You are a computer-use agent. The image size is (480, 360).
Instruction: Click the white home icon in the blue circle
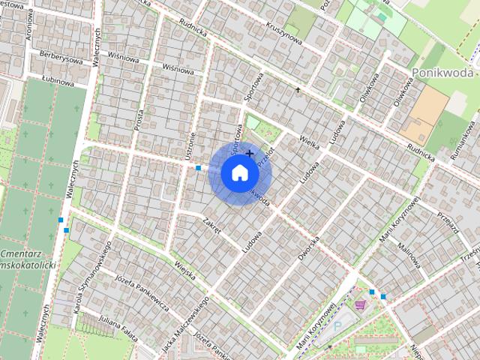(x=239, y=173)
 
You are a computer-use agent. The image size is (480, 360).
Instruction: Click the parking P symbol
(x=336, y=327)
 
